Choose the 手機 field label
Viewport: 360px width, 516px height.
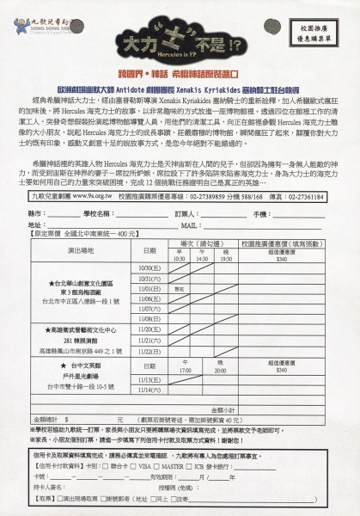(261, 212)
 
